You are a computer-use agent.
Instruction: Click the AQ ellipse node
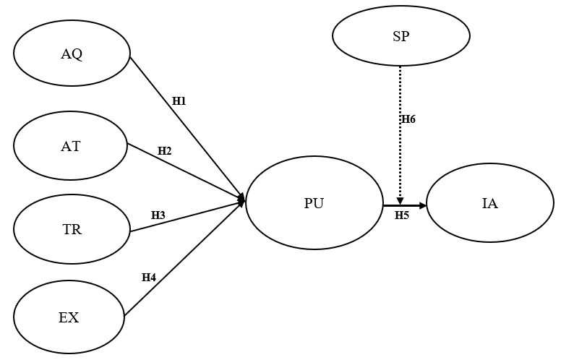[x=72, y=53]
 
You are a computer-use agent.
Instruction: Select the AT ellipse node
[x=70, y=145]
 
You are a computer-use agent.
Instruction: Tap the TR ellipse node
[x=72, y=229]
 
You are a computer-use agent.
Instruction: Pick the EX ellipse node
[x=69, y=317]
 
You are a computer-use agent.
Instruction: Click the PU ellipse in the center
[x=314, y=203]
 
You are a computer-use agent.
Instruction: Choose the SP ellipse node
[x=401, y=36]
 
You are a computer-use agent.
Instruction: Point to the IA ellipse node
[x=490, y=203]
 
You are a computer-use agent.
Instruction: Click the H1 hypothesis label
[x=179, y=101]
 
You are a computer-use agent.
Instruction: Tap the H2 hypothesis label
[x=165, y=151]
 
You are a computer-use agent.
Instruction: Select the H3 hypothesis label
[x=158, y=215]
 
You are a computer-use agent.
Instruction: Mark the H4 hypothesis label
[x=149, y=278]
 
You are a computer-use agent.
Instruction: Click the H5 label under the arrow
[x=402, y=215]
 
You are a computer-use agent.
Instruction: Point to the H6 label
[x=408, y=119]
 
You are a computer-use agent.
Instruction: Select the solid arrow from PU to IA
[x=405, y=205]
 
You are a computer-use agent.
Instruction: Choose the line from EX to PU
[x=184, y=257]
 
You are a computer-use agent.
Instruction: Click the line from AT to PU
[x=186, y=173]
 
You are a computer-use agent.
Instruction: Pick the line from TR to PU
[x=187, y=216]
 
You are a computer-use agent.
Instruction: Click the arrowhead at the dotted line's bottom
[x=401, y=201]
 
